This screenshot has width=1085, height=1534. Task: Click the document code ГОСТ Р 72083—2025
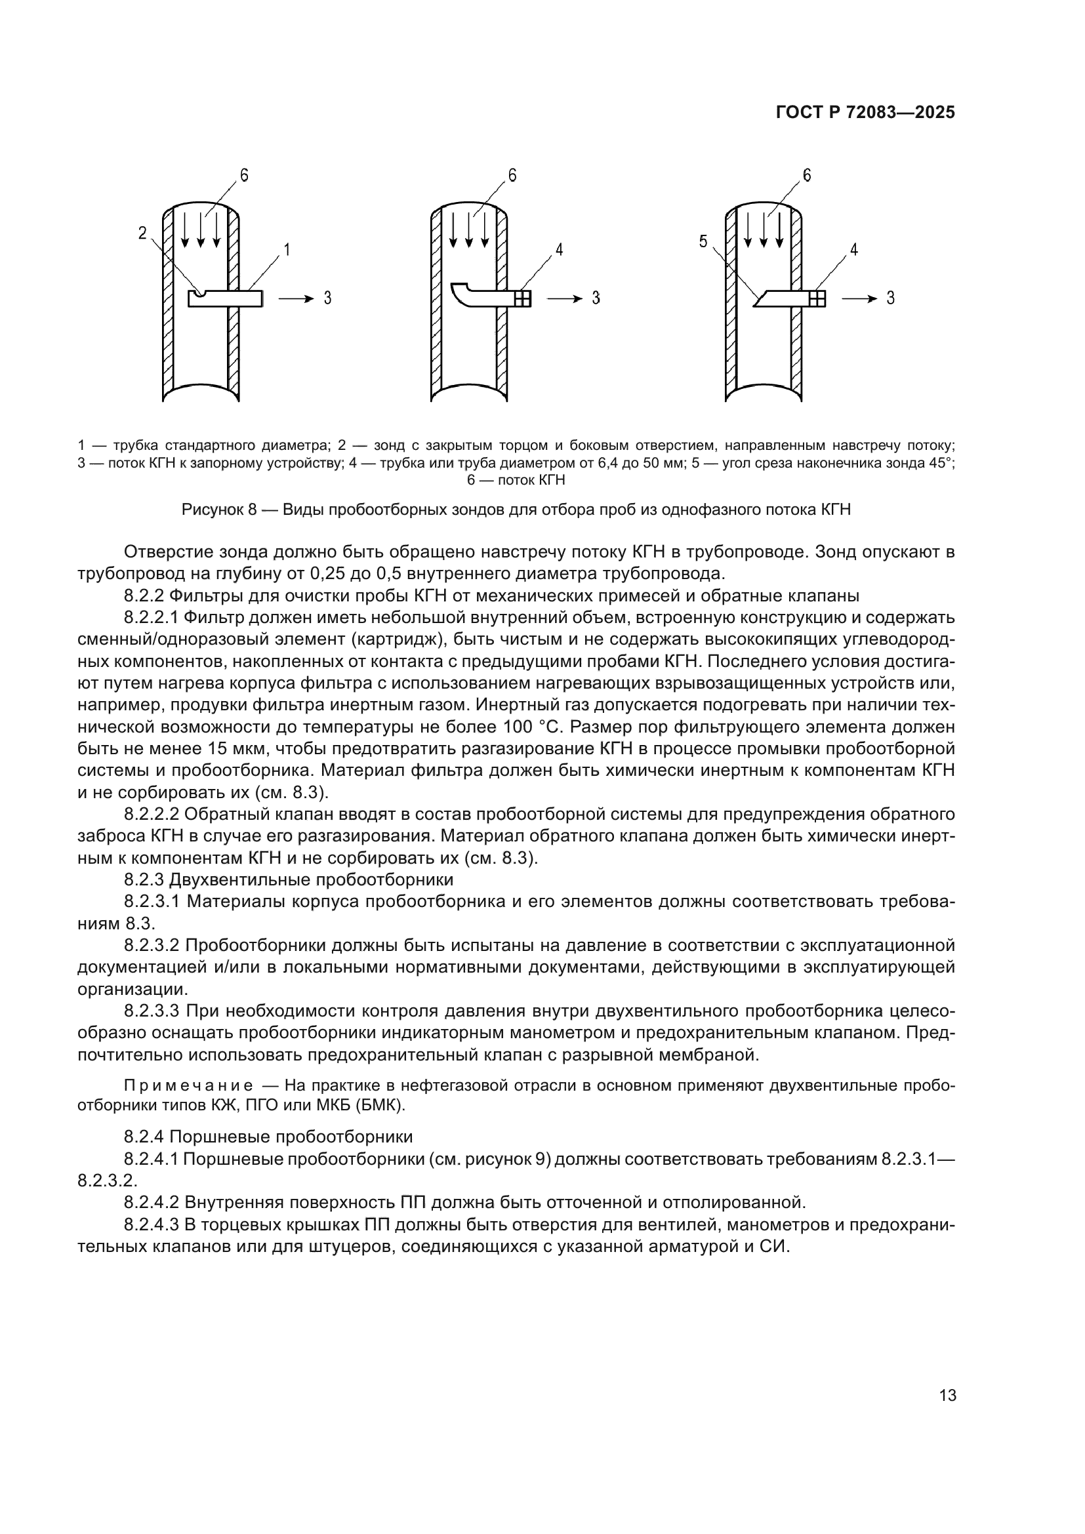pyautogui.click(x=865, y=113)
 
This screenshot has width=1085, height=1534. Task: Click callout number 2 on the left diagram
pyautogui.click(x=142, y=233)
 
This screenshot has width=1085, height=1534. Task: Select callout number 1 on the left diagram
pyautogui.click(x=287, y=250)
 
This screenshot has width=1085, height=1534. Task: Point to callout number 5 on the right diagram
pyautogui.click(x=703, y=242)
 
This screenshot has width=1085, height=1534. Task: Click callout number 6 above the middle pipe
pyautogui.click(x=512, y=176)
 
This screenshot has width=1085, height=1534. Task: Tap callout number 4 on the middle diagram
pyautogui.click(x=558, y=250)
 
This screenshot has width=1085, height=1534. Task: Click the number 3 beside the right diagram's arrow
pyautogui.click(x=890, y=298)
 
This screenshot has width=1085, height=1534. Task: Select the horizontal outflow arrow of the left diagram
pyautogui.click(x=295, y=298)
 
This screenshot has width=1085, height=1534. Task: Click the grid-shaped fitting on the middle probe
pyautogui.click(x=523, y=298)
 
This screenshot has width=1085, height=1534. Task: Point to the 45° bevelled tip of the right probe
pyautogui.click(x=760, y=298)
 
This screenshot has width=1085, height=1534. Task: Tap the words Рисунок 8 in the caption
pyautogui.click(x=219, y=510)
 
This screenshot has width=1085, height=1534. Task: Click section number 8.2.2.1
pyautogui.click(x=152, y=616)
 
